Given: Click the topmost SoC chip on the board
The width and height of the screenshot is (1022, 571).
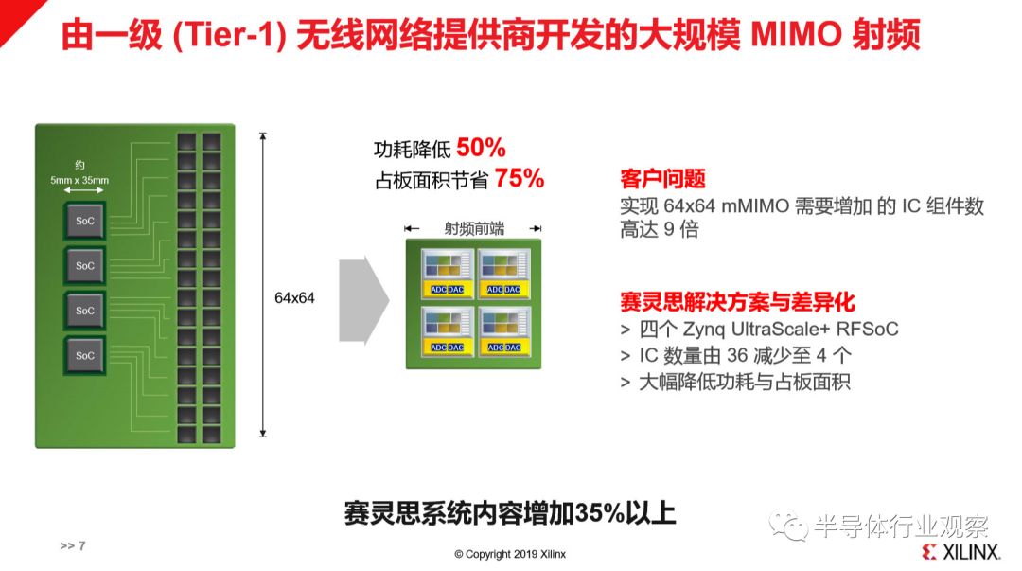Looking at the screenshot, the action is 85,221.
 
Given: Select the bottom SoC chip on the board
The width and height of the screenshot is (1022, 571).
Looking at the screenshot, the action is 85,356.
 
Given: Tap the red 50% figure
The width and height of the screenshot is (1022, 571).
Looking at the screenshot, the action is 481,148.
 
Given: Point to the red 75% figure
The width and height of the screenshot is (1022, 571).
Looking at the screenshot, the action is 520,177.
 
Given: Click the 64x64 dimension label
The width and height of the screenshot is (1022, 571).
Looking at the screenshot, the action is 294,298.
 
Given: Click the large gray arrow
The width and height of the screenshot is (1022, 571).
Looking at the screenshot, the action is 363,300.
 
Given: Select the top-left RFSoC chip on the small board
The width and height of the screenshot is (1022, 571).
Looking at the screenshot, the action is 447,273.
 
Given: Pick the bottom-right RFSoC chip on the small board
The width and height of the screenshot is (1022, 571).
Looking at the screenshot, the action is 503,330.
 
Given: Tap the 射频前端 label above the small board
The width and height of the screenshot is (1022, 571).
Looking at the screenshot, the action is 474,228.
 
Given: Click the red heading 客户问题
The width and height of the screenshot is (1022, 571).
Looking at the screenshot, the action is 662,178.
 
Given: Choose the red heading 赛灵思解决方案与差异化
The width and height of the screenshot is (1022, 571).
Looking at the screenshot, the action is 737,301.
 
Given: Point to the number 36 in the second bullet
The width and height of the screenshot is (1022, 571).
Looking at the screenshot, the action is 737,356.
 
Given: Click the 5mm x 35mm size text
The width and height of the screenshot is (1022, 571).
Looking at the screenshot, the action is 79,180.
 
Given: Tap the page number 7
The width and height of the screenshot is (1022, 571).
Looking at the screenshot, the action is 82,545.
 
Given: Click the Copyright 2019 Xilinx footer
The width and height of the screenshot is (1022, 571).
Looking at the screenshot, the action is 510,554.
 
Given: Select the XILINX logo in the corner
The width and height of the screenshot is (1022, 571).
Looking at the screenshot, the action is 961,551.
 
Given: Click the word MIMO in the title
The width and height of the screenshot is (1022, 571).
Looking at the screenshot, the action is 796,35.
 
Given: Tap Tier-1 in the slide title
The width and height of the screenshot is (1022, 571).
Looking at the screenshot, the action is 228,35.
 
